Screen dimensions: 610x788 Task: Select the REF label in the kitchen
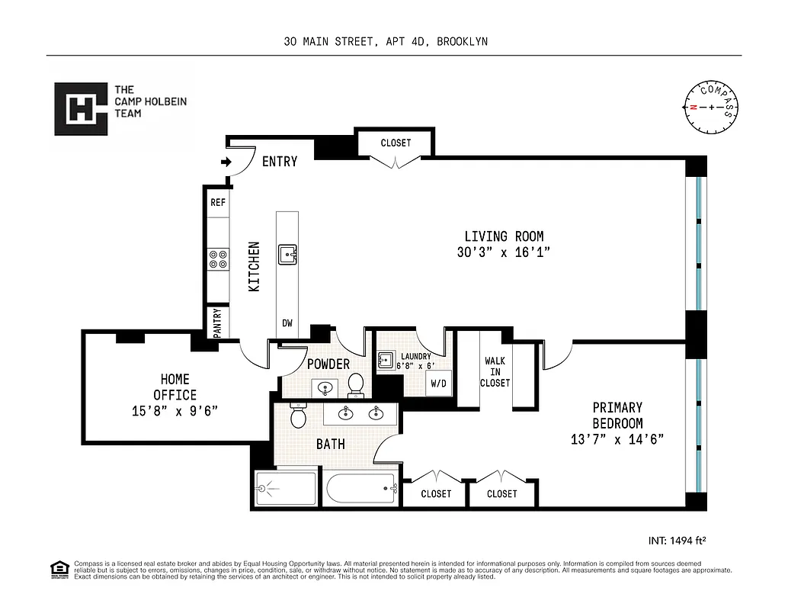pos(218,203)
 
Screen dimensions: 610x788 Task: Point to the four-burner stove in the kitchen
pos(218,259)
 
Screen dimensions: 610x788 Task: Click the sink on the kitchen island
pos(287,255)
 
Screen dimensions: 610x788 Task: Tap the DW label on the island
pos(287,323)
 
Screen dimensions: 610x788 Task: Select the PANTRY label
pos(217,322)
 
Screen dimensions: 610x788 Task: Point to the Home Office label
pos(175,387)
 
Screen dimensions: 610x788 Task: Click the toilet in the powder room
pos(356,385)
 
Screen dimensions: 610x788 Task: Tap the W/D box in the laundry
pos(439,384)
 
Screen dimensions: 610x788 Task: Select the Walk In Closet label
pos(495,371)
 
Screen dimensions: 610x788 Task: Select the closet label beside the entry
pos(396,143)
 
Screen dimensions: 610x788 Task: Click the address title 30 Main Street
pos(385,42)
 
